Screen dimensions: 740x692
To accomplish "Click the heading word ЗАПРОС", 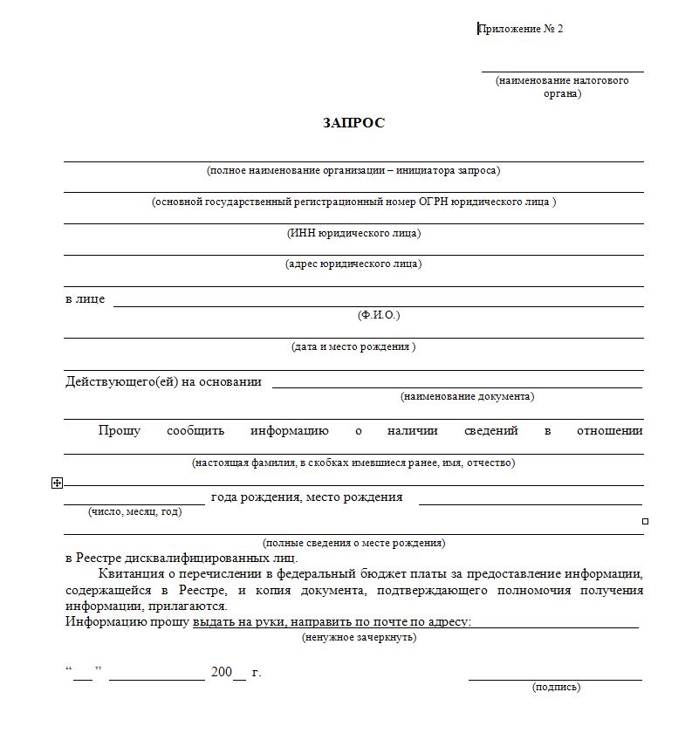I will click(x=353, y=123).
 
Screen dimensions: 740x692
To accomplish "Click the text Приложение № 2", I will click(x=521, y=29).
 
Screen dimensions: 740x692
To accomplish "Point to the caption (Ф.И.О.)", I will click(x=379, y=315).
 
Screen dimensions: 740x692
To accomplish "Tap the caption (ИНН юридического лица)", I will click(x=353, y=233).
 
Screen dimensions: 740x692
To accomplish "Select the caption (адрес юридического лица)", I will click(x=353, y=264).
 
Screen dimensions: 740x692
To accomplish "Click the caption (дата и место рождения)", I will click(x=353, y=346).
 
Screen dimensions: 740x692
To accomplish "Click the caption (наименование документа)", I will click(x=468, y=396).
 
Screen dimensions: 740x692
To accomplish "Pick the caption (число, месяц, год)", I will click(x=135, y=511).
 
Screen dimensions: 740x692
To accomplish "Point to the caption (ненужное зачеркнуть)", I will click(x=359, y=638).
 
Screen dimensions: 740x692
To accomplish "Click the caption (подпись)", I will click(x=556, y=688).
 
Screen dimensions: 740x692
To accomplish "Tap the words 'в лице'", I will click(x=85, y=299).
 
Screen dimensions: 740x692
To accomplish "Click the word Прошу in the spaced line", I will click(x=120, y=430).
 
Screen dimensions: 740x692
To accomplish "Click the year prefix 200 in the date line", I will click(x=222, y=672).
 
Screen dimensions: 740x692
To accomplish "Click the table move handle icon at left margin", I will click(x=58, y=482).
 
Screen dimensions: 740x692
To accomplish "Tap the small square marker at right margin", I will click(x=646, y=521).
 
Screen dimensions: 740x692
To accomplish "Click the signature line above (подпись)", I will click(x=555, y=679).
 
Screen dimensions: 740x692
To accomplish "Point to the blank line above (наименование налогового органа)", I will click(x=563, y=72).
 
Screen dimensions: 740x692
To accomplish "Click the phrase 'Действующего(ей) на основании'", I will click(x=163, y=381).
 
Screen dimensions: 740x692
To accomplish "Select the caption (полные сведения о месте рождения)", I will click(x=353, y=543).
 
